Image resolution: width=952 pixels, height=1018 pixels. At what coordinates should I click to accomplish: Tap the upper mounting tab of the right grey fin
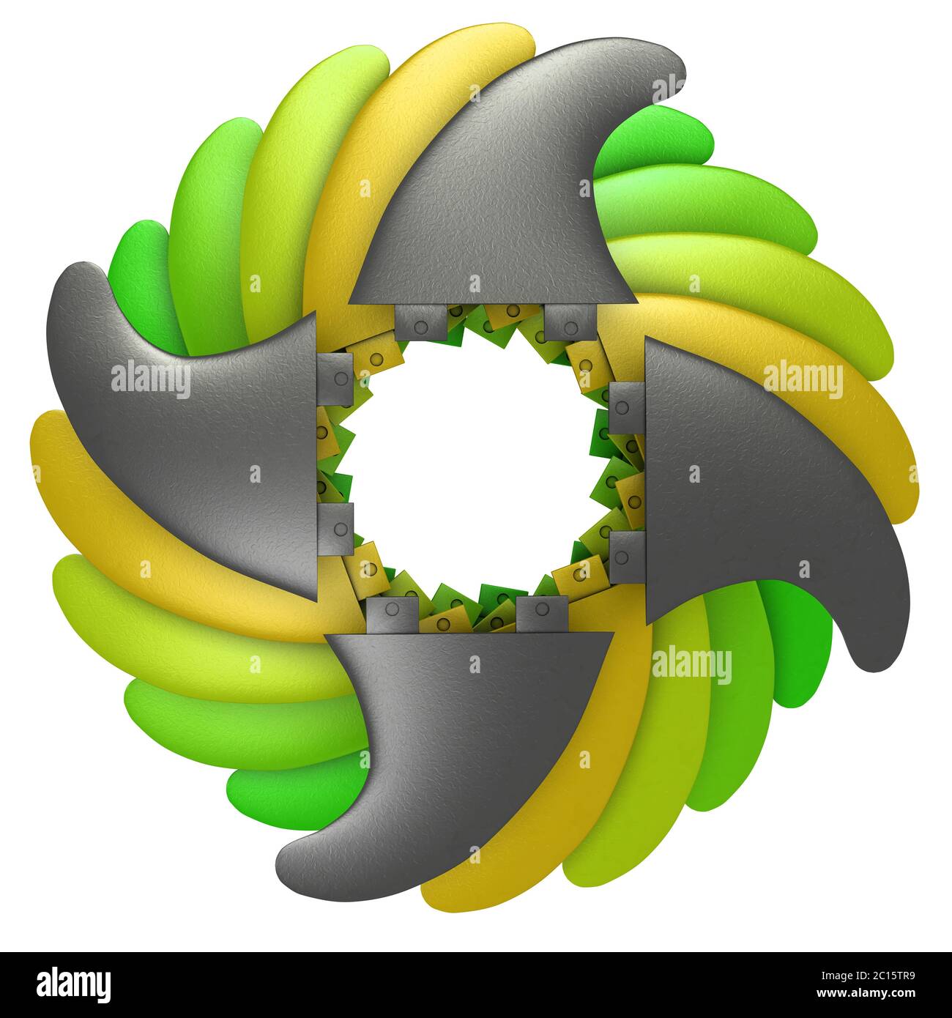pyautogui.click(x=626, y=407)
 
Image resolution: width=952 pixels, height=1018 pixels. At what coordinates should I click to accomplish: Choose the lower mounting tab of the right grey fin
pyautogui.click(x=626, y=557)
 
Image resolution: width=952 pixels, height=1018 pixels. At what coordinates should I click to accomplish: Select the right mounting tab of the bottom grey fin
pyautogui.click(x=543, y=614)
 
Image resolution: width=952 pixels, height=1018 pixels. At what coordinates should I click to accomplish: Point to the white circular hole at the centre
pyautogui.click(x=472, y=472)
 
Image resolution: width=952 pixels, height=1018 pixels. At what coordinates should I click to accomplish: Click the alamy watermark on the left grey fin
pyautogui.click(x=151, y=378)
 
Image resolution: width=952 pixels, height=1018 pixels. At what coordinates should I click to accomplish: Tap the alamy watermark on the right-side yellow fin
pyautogui.click(x=803, y=378)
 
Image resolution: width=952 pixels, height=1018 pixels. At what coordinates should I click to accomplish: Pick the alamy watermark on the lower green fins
pyautogui.click(x=691, y=666)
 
